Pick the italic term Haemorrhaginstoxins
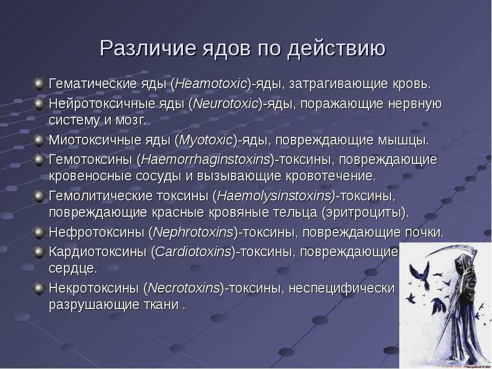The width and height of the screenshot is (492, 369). (206, 159)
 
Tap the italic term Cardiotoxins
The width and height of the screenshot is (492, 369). (193, 252)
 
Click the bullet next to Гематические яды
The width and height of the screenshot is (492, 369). (39, 83)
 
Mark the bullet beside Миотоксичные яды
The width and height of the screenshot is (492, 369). (39, 140)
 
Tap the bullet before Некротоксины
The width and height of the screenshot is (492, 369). (39, 288)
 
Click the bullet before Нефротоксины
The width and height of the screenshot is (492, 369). (39, 233)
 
